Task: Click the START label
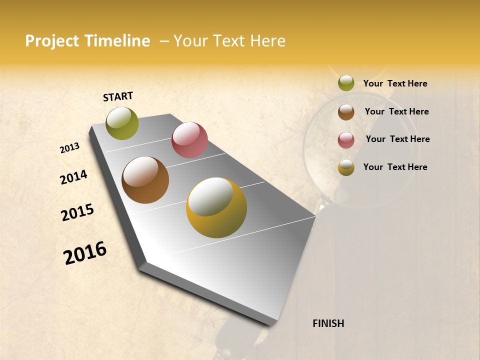coord(118,96)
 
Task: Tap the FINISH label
coord(328,323)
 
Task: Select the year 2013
coord(70,148)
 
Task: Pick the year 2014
coord(73,177)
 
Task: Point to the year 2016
coord(85,253)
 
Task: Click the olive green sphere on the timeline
coord(122,123)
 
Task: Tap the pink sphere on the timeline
coord(189,139)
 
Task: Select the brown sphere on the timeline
coord(145,180)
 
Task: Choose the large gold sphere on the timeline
coord(216,207)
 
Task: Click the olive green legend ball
coord(346,83)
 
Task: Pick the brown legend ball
coord(346,112)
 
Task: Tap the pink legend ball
coord(346,140)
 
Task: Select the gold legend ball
coord(346,167)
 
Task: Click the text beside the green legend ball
coord(395,83)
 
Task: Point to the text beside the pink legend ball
coord(397,139)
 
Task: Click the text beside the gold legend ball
coord(395,167)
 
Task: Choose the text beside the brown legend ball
coord(396,111)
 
